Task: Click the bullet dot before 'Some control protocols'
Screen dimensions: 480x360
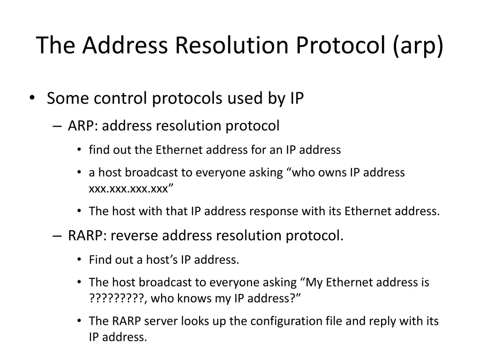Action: tap(31, 97)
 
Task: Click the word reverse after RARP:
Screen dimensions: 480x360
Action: tap(136, 235)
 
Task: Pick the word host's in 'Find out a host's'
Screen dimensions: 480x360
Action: tap(163, 260)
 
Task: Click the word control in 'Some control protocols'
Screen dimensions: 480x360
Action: tap(121, 98)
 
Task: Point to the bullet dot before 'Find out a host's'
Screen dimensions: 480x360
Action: tap(79, 260)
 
